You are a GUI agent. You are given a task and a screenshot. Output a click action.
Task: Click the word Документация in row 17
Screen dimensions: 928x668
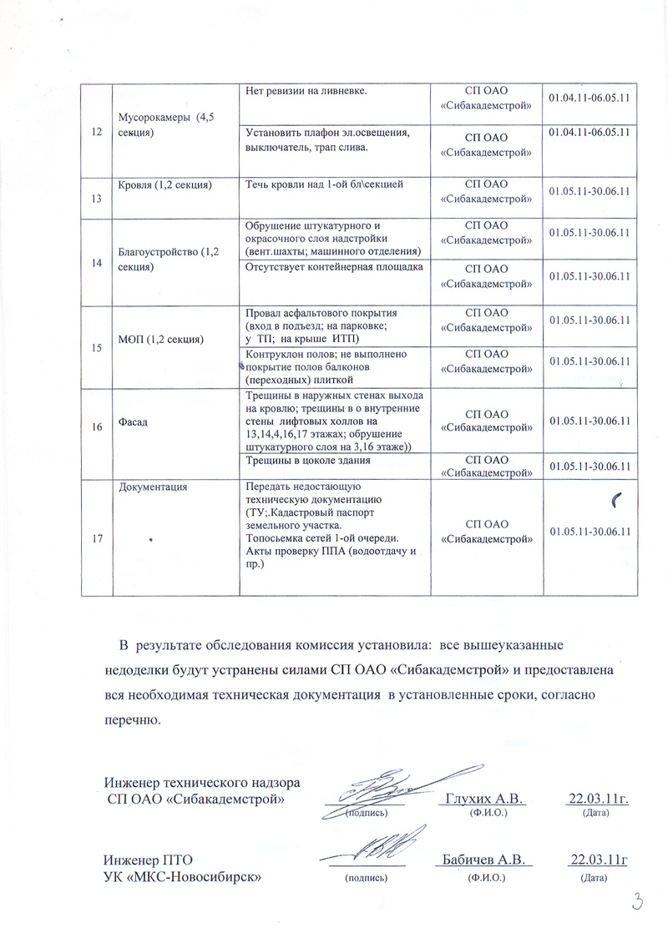[x=153, y=487]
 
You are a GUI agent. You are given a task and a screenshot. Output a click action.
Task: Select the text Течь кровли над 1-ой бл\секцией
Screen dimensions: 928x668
[x=325, y=184]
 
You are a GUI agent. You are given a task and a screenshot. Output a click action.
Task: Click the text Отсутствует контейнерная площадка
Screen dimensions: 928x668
[x=334, y=267]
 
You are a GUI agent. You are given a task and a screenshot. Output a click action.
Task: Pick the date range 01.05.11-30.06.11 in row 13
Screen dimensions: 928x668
[x=589, y=192]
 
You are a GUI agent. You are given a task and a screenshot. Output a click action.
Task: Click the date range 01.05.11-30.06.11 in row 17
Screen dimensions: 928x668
[x=589, y=531]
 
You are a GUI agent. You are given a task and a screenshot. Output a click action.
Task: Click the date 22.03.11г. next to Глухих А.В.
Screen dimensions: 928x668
[x=597, y=799]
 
